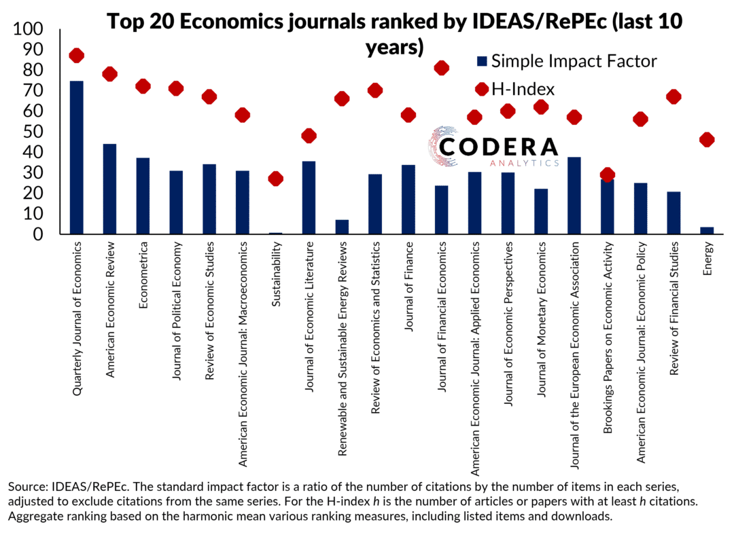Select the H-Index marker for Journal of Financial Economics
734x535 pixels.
pyautogui.click(x=442, y=68)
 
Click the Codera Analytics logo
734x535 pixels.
pyautogui.click(x=494, y=147)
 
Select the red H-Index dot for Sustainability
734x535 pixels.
pyautogui.click(x=275, y=179)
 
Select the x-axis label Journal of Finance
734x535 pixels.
pyautogui.click(x=408, y=284)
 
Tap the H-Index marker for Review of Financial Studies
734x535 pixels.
pyautogui.click(x=674, y=97)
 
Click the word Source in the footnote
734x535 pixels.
pyautogui.click(x=27, y=487)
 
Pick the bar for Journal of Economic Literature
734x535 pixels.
pyautogui.click(x=309, y=198)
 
